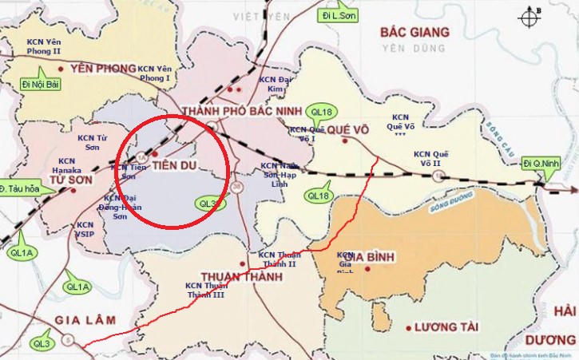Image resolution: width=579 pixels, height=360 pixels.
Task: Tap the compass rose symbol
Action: click(529, 18)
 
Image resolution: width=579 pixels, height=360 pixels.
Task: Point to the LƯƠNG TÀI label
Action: click(447, 327)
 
